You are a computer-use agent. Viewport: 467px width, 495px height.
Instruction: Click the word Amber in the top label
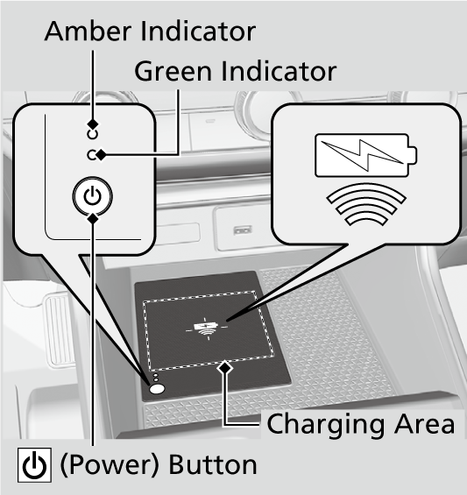click(x=88, y=32)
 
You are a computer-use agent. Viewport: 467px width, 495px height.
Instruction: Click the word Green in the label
click(x=173, y=71)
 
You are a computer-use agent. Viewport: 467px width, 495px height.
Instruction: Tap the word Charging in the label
click(x=326, y=425)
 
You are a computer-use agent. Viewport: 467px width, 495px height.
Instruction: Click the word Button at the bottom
click(x=213, y=464)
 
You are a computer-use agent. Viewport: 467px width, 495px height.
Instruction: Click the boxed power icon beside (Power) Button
click(x=34, y=465)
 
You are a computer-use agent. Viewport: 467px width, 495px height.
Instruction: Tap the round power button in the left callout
click(x=92, y=196)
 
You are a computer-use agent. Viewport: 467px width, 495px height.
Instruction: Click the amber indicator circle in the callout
click(x=92, y=135)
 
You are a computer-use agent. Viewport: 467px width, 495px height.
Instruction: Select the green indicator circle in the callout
click(x=92, y=155)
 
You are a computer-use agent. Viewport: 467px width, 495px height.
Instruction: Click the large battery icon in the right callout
click(x=365, y=155)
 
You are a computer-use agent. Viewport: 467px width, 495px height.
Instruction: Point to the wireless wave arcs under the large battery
click(x=366, y=204)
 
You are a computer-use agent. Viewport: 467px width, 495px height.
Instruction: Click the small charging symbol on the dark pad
click(x=206, y=329)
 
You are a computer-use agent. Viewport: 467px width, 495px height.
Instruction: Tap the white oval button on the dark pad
click(x=157, y=389)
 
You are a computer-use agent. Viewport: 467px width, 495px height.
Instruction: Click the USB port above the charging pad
click(x=243, y=230)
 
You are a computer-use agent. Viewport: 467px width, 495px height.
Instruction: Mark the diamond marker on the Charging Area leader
click(x=225, y=367)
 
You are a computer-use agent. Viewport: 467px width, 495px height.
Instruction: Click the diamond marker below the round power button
click(x=93, y=218)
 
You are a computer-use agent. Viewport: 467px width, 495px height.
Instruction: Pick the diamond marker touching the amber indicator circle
click(x=93, y=124)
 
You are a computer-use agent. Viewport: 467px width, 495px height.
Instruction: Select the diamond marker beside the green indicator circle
click(x=102, y=155)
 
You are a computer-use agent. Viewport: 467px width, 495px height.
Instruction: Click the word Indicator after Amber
click(x=198, y=32)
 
